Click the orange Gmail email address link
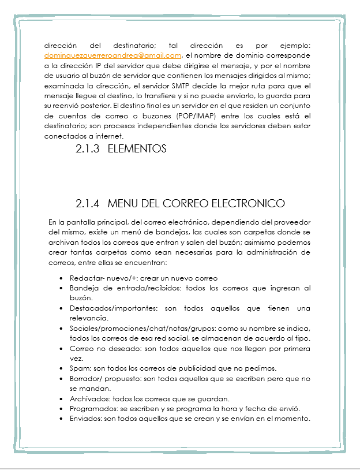coord(113,55)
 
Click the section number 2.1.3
coord(88,149)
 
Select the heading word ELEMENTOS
coord(137,149)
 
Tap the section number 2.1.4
coord(88,204)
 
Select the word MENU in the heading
coord(122,204)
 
